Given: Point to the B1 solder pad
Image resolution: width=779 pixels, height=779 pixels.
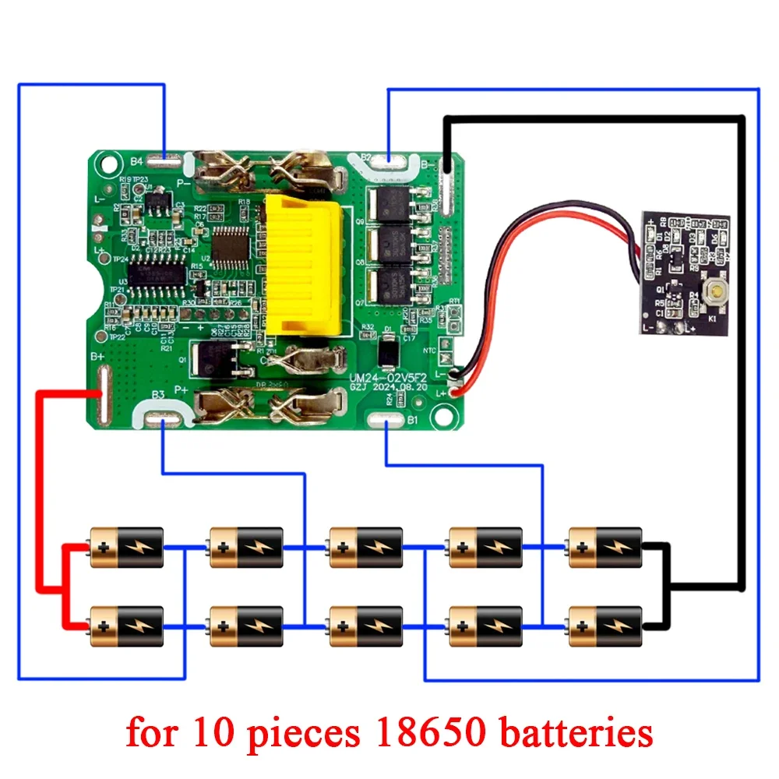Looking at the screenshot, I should click(388, 421).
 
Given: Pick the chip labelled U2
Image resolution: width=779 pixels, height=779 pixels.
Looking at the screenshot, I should click(228, 245).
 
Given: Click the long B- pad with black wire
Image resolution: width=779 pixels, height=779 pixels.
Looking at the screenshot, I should click(447, 186).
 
